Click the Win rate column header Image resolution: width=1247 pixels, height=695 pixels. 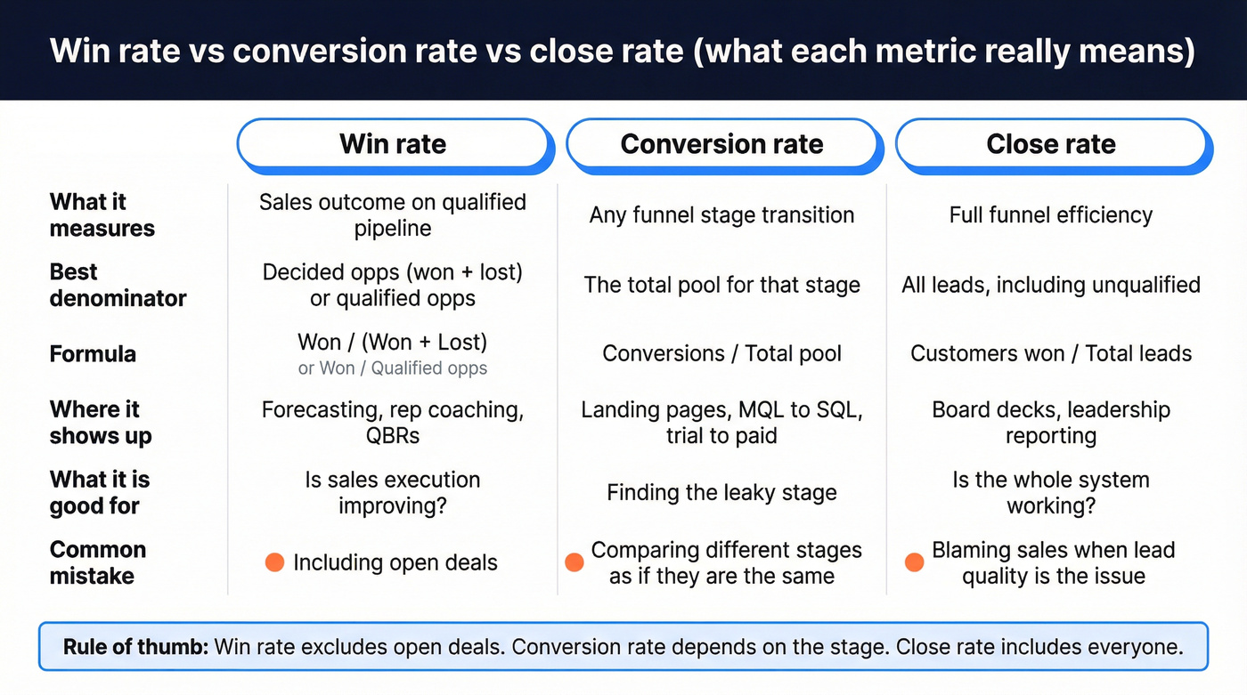(x=393, y=144)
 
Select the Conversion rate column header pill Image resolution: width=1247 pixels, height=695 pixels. (x=721, y=144)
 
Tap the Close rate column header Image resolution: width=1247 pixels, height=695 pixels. (x=1051, y=144)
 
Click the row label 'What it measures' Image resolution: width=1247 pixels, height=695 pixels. (x=102, y=215)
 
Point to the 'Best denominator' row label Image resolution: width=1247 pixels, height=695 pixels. (x=118, y=285)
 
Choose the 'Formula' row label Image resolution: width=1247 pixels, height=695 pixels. (x=93, y=354)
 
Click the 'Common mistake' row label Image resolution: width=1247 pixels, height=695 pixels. (x=97, y=562)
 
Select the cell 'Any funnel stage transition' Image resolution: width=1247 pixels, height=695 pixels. (x=721, y=215)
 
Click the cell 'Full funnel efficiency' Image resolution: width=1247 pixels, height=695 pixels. (x=1051, y=215)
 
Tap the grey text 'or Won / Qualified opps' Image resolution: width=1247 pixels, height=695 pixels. (x=393, y=368)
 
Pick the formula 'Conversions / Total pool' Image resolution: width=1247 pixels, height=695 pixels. (x=721, y=354)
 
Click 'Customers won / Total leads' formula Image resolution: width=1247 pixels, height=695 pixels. (x=1051, y=354)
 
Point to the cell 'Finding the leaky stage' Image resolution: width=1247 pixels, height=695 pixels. (x=721, y=493)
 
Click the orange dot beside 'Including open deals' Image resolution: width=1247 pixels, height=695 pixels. (x=274, y=562)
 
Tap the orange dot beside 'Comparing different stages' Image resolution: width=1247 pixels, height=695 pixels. (x=575, y=562)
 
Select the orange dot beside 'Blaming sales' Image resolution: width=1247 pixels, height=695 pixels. (x=914, y=562)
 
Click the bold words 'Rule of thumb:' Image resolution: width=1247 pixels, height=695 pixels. (x=135, y=647)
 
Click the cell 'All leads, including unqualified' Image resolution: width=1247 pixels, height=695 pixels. (x=1051, y=285)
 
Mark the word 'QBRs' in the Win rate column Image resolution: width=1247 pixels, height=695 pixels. (x=393, y=436)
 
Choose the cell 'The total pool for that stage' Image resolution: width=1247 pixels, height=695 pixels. (x=721, y=285)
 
